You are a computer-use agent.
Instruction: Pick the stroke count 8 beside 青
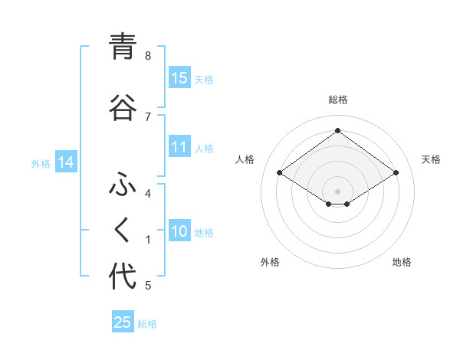148,55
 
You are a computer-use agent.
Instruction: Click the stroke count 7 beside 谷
148,116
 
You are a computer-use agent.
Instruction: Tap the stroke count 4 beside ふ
148,194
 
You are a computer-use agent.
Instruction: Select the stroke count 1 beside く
148,240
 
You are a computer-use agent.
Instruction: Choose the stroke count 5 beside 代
148,286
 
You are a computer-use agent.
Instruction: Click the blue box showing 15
179,77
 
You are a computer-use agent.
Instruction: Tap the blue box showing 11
179,147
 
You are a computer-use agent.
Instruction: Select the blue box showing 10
179,231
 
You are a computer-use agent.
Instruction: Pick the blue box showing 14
66,162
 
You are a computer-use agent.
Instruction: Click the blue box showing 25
123,322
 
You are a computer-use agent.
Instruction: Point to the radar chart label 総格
337,100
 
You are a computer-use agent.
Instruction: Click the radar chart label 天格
431,159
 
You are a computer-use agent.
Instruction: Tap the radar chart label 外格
270,262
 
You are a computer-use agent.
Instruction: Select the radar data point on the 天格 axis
396,173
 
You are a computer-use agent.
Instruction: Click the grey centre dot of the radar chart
337,191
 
